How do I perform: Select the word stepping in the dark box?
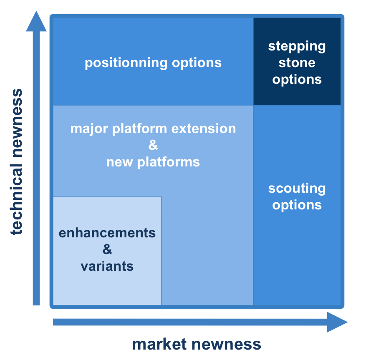pos(297,46)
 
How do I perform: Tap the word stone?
pos(297,63)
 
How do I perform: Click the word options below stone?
pos(297,79)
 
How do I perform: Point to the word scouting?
pos(297,188)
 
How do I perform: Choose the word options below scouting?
pos(297,205)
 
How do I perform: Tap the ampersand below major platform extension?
pos(153,145)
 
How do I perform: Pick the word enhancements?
pos(107,233)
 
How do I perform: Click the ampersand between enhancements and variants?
pos(107,249)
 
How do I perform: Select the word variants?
pos(107,266)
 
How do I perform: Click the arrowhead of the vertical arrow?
pos(36,22)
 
